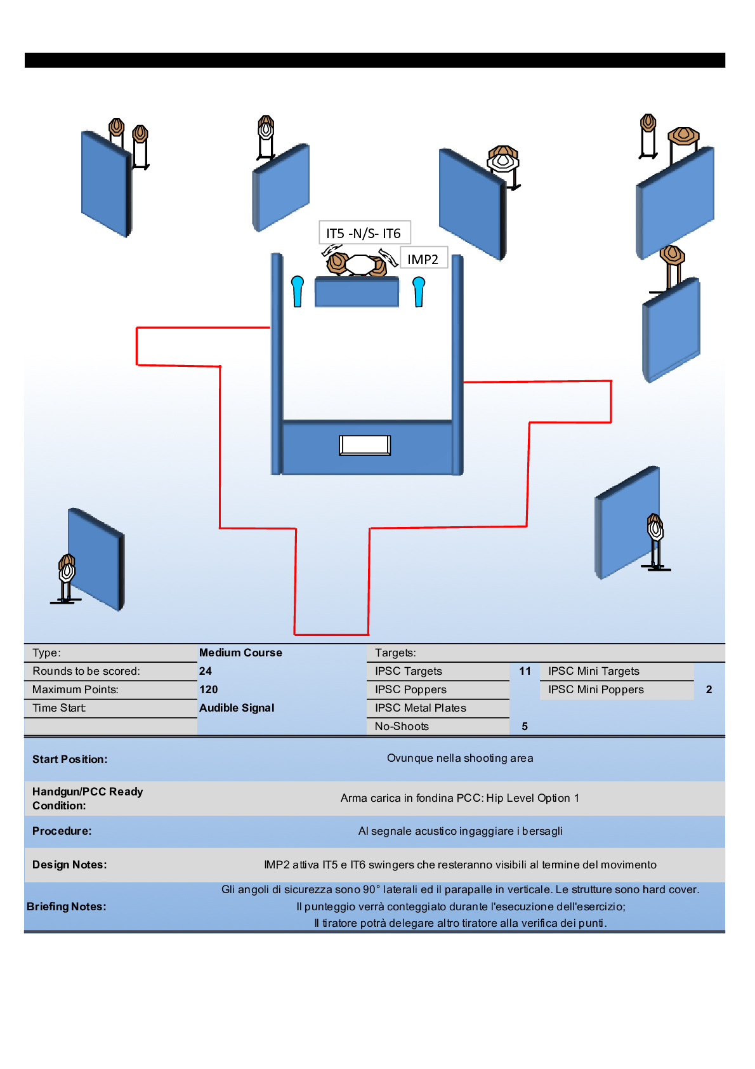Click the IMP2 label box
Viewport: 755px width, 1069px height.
(x=423, y=259)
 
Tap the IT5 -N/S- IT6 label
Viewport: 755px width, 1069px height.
(x=364, y=233)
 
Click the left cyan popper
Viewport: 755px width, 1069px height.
(x=298, y=291)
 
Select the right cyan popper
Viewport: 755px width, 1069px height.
(x=419, y=291)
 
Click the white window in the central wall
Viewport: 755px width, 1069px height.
(x=365, y=445)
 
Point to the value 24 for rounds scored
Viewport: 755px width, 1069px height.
(x=206, y=671)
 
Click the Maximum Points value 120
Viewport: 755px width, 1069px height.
(x=208, y=689)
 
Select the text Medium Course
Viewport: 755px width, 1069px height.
(x=240, y=653)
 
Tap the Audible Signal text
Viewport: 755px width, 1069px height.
(x=237, y=708)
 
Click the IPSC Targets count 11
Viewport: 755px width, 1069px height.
(x=525, y=671)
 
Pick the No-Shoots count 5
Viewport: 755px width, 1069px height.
(x=525, y=726)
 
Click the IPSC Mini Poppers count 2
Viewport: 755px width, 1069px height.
(x=709, y=689)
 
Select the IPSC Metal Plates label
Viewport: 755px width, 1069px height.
(x=420, y=708)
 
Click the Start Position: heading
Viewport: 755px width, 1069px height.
(x=70, y=759)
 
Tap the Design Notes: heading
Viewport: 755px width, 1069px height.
(x=70, y=865)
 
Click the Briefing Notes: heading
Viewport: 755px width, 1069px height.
(x=67, y=906)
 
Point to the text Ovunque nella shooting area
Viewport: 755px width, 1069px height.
(x=460, y=758)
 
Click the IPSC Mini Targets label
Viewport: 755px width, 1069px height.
(x=593, y=671)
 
